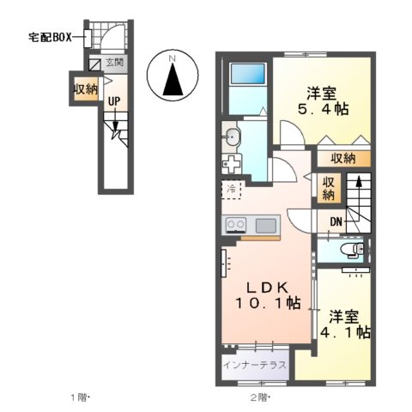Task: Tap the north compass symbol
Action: pyautogui.click(x=173, y=76)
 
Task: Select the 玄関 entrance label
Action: pyautogui.click(x=115, y=63)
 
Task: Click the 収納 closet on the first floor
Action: pyautogui.click(x=85, y=89)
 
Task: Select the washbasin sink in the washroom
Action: pyautogui.click(x=232, y=136)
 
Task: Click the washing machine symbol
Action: pyautogui.click(x=231, y=162)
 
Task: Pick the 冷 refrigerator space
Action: pyautogui.click(x=232, y=189)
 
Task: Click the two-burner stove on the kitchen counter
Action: pyautogui.click(x=235, y=225)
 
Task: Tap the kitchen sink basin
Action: pyautogui.click(x=266, y=225)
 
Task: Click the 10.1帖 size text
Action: pyautogui.click(x=269, y=302)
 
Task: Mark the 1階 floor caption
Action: pyautogui.click(x=80, y=397)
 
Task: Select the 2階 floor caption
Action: pyautogui.click(x=260, y=397)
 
